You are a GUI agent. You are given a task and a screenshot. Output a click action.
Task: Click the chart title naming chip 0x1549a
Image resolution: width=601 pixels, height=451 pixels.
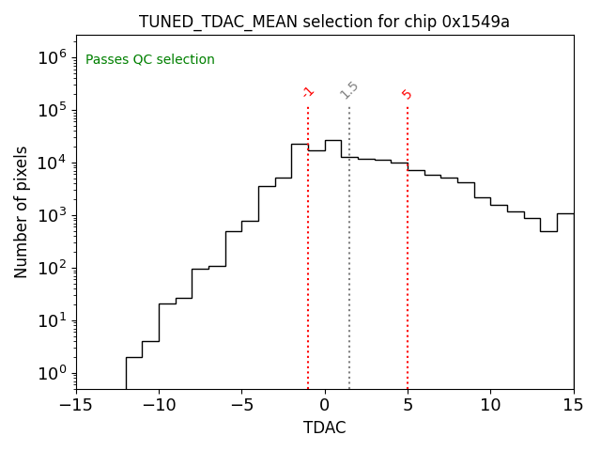click(324, 22)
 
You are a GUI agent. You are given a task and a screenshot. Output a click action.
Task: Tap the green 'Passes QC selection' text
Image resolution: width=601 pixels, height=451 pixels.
click(150, 60)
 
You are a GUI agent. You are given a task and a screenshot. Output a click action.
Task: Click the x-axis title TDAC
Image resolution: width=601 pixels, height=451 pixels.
click(324, 428)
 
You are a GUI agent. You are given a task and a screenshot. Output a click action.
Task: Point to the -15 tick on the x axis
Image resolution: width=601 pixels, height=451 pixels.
click(76, 405)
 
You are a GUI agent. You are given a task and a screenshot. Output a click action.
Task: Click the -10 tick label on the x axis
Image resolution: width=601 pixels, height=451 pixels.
click(159, 405)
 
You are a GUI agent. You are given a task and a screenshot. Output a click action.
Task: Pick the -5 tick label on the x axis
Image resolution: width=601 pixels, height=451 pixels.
click(241, 405)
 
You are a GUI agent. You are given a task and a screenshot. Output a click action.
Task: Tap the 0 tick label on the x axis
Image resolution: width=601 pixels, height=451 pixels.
click(325, 405)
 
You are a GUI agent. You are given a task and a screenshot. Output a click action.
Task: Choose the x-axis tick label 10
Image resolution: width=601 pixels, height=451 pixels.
click(490, 405)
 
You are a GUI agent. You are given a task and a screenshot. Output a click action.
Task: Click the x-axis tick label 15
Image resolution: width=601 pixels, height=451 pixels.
click(573, 405)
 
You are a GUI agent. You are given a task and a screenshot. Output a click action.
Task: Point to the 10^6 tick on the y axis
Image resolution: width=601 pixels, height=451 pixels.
click(53, 57)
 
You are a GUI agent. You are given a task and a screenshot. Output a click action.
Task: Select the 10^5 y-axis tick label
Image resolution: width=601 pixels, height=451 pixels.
click(53, 110)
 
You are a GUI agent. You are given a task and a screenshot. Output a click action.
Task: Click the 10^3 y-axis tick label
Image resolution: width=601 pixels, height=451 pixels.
click(53, 215)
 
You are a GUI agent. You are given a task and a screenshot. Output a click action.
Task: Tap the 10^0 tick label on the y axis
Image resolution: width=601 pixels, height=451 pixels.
click(53, 373)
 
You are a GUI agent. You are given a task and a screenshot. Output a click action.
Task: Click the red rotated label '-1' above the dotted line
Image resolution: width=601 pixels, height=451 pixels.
click(308, 92)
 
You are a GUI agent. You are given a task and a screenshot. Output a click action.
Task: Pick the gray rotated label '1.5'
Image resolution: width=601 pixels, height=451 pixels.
click(349, 90)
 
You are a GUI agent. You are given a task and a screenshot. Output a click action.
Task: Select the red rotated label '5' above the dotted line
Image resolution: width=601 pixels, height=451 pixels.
click(408, 94)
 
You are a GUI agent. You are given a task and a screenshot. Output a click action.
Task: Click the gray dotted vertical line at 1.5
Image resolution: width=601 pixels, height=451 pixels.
click(349, 244)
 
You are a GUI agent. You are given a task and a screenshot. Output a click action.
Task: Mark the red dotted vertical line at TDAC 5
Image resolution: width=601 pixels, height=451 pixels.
click(408, 244)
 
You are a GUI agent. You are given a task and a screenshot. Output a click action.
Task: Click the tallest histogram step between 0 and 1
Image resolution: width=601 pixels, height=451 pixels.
click(332, 141)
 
